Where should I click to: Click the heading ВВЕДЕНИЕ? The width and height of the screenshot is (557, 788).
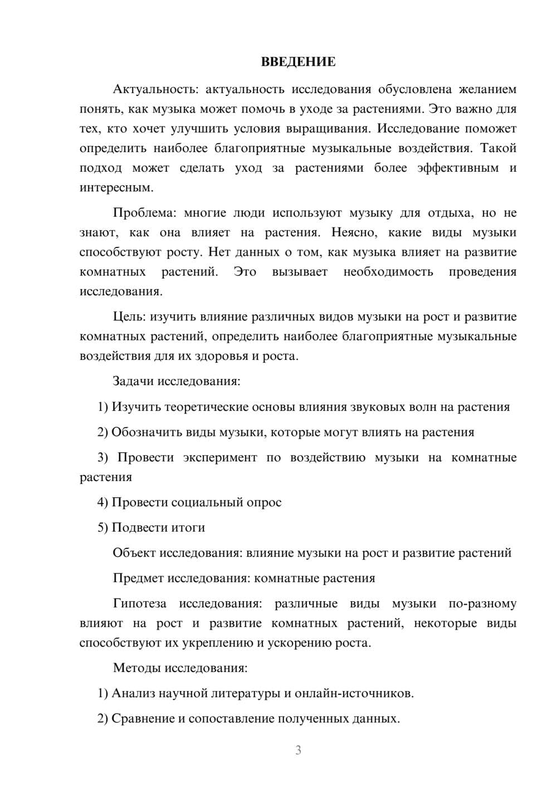(x=298, y=62)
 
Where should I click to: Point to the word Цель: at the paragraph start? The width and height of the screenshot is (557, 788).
(x=129, y=317)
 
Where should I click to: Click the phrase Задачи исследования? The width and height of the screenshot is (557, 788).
(x=177, y=381)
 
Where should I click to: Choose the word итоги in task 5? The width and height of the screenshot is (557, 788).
(x=187, y=527)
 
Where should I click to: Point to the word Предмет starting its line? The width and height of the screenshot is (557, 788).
(x=138, y=578)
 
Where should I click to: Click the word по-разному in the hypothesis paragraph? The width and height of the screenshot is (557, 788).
(x=482, y=604)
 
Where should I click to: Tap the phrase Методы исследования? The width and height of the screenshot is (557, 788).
(x=180, y=668)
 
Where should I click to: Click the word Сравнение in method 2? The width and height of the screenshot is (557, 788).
(x=143, y=718)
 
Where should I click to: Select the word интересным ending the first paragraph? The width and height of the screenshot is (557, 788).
(x=115, y=187)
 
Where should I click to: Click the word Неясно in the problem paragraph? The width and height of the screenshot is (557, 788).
(x=354, y=232)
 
